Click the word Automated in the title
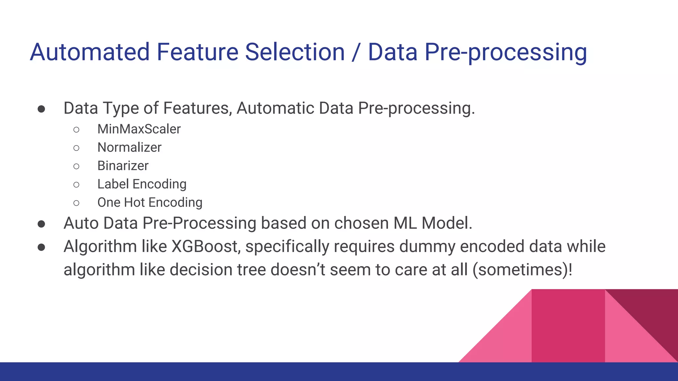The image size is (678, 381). pos(90,52)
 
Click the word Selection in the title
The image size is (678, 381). pos(295,52)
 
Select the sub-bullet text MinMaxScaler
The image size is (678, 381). pos(139,129)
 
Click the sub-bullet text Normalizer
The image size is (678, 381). pos(129,148)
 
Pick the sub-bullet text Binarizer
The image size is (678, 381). pos(123,166)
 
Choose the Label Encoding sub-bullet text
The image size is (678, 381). pos(142,184)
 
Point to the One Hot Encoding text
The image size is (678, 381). pos(150,202)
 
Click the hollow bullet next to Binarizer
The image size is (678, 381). pos(76,166)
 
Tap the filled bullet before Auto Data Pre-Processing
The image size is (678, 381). pos(41,224)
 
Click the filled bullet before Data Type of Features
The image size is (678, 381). pos(41,109)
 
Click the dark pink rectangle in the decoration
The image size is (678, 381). pos(568,326)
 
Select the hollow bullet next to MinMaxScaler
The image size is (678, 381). pos(76,129)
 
